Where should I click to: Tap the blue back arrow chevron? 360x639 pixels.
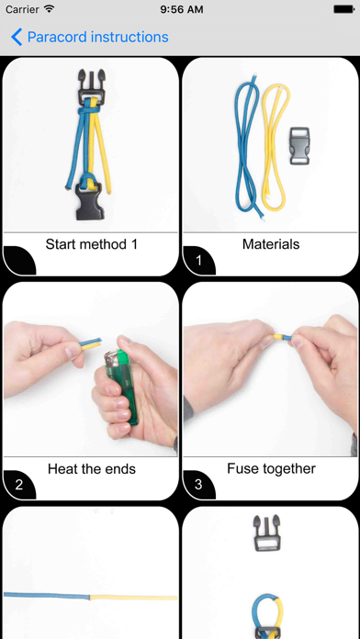point(17,37)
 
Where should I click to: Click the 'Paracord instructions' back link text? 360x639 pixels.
point(98,37)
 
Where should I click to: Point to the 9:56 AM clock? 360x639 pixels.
point(182,9)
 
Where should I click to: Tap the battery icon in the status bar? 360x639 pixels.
point(344,9)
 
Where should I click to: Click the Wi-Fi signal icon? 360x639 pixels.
point(50,8)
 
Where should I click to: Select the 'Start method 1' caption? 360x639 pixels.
point(92,244)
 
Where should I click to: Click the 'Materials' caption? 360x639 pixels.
point(271,244)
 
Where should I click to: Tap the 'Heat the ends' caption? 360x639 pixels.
point(92,469)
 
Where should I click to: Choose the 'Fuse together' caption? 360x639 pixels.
point(271,469)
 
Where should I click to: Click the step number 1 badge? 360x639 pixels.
point(198,261)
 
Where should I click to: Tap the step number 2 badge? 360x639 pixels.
point(19,485)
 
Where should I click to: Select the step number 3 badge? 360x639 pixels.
point(198,485)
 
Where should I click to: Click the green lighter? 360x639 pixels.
point(120,388)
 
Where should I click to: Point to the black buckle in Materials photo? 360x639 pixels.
point(299,146)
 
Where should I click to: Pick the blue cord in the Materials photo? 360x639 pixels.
point(245,148)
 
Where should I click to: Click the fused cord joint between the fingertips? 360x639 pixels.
point(282,338)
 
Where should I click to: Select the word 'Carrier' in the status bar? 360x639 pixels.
point(22,9)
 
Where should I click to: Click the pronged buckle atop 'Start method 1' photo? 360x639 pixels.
point(90,86)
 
